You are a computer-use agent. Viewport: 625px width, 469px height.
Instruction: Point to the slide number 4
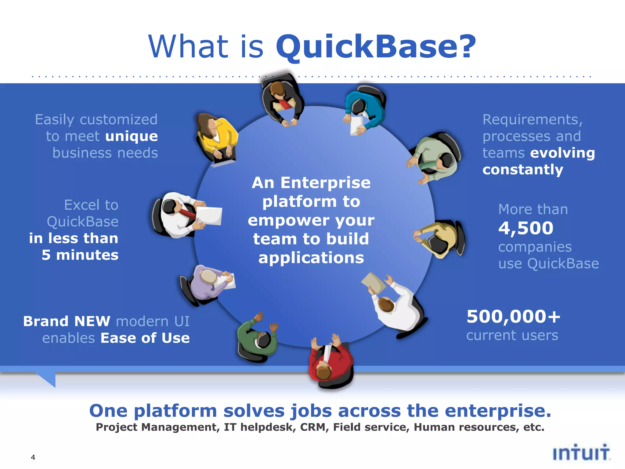click(x=33, y=457)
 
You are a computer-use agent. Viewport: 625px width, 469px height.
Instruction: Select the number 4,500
click(x=526, y=228)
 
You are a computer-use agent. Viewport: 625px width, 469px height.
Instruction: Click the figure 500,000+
click(x=513, y=317)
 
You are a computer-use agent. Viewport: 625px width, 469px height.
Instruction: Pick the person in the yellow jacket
click(x=216, y=136)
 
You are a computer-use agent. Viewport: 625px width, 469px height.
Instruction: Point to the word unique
click(x=132, y=136)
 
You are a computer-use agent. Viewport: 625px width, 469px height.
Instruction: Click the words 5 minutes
click(x=80, y=255)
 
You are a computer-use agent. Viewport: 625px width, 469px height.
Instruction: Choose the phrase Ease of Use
click(x=145, y=338)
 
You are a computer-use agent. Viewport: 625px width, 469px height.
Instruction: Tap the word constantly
click(x=522, y=170)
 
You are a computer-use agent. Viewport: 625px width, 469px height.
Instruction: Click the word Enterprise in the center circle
click(x=325, y=183)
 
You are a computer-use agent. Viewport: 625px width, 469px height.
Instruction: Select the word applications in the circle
click(x=311, y=258)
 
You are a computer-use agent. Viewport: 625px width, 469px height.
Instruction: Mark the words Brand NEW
click(x=67, y=321)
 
